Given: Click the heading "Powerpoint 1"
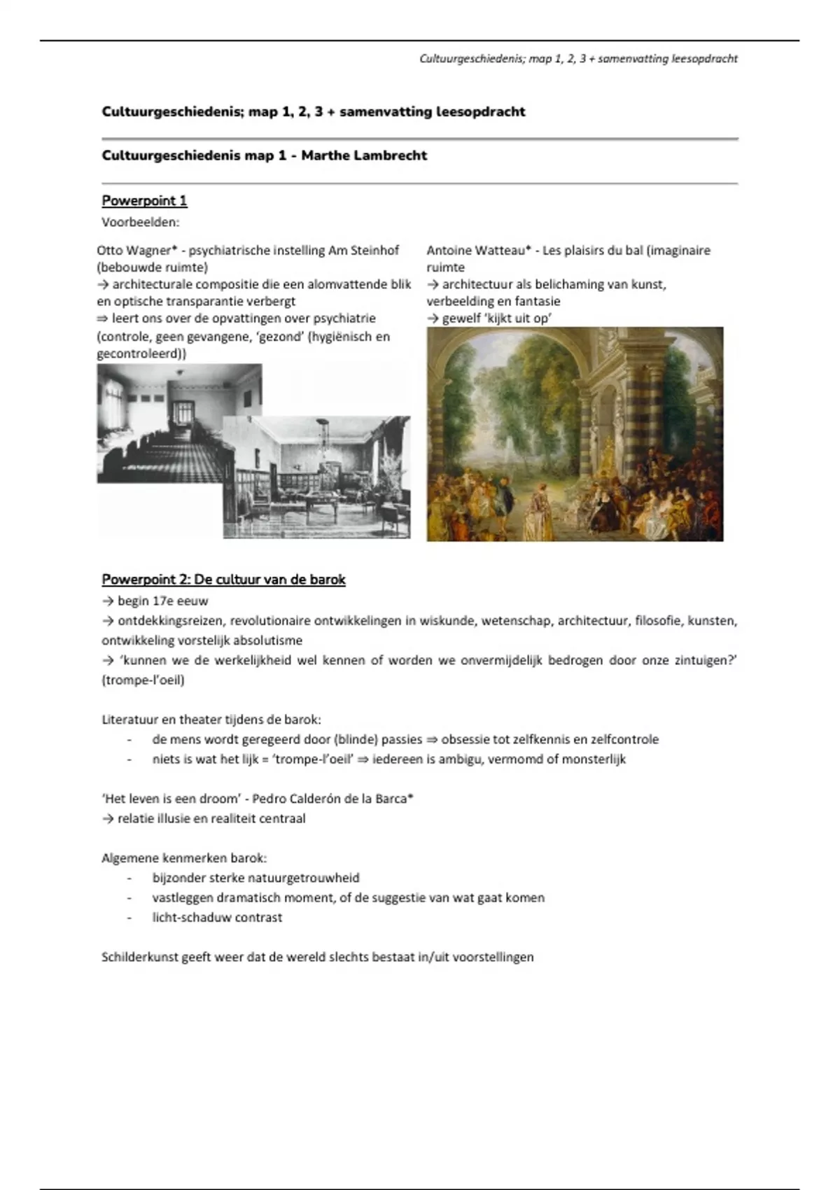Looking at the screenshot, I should (144, 201).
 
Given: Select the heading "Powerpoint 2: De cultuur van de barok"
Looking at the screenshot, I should (223, 580).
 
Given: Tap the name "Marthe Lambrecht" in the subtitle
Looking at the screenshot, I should (364, 155).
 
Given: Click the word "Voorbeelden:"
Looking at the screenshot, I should (141, 223).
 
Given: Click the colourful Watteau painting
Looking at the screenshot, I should (575, 434).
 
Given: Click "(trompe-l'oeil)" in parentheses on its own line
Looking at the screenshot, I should (143, 680).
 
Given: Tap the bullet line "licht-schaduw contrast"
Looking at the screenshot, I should (217, 918).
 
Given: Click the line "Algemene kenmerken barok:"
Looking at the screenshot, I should (184, 858).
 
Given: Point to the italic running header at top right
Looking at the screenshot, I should (578, 59).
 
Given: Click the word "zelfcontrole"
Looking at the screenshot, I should (624, 739).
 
